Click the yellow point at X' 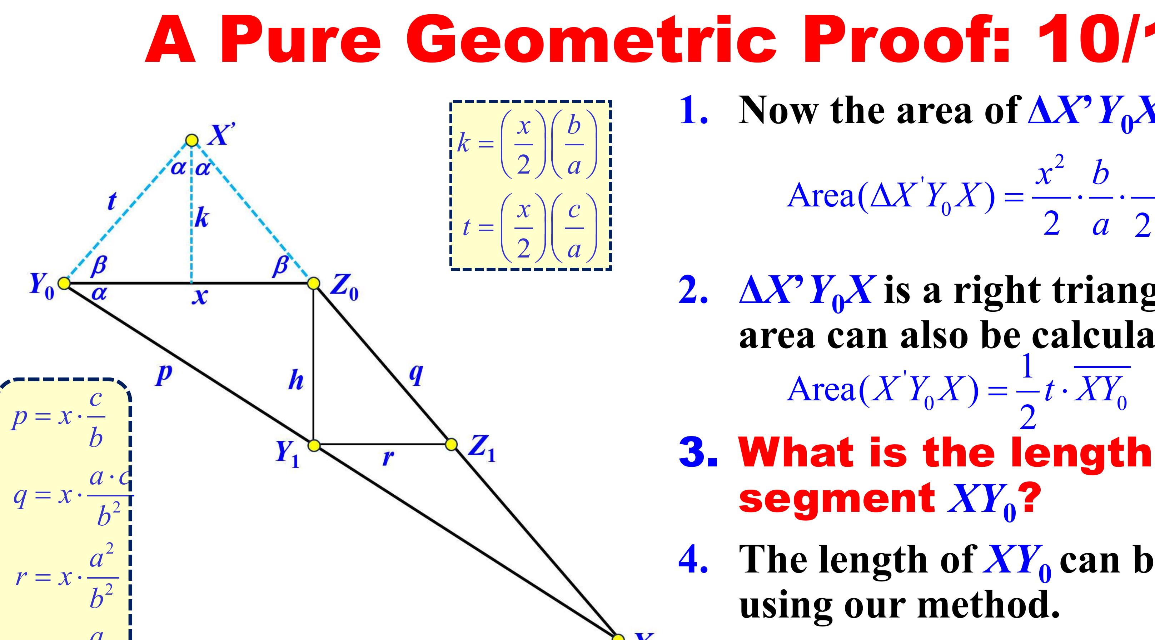click(192, 140)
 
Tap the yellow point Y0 click(65, 283)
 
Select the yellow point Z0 click(314, 283)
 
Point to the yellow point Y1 click(314, 445)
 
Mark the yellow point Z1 click(452, 444)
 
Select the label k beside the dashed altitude click(202, 219)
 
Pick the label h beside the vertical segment click(296, 381)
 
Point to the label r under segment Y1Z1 click(388, 457)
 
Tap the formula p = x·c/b click(59, 419)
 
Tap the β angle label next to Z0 click(281, 266)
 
